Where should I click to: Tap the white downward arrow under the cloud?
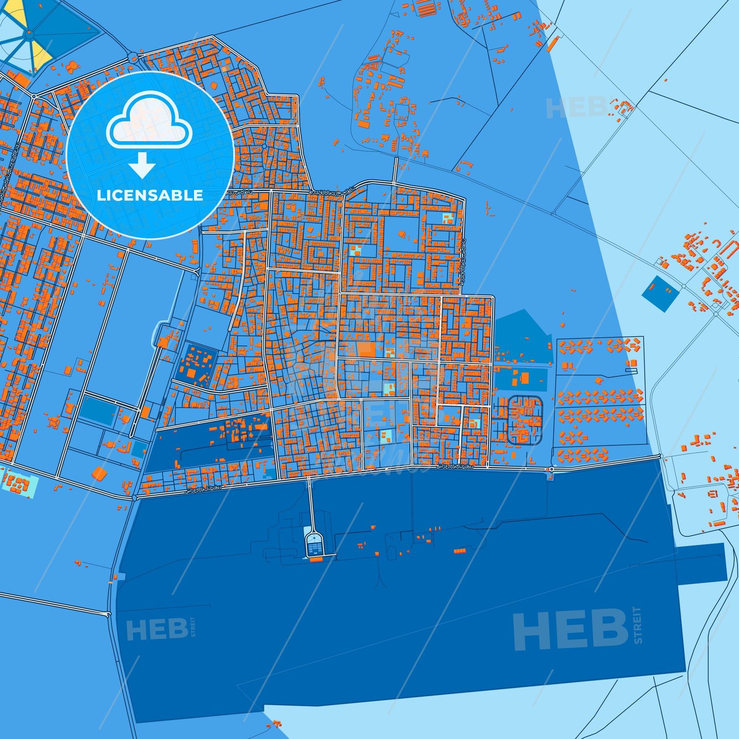point(143,165)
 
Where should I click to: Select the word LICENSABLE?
point(150,195)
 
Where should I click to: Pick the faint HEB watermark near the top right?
point(575,107)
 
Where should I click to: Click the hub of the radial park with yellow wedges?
point(29,33)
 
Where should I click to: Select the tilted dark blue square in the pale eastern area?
point(660,294)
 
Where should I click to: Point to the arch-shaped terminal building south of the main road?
point(314,545)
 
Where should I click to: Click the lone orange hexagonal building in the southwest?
point(99,473)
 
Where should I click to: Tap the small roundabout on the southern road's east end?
point(552,468)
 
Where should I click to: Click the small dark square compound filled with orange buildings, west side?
point(194,364)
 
